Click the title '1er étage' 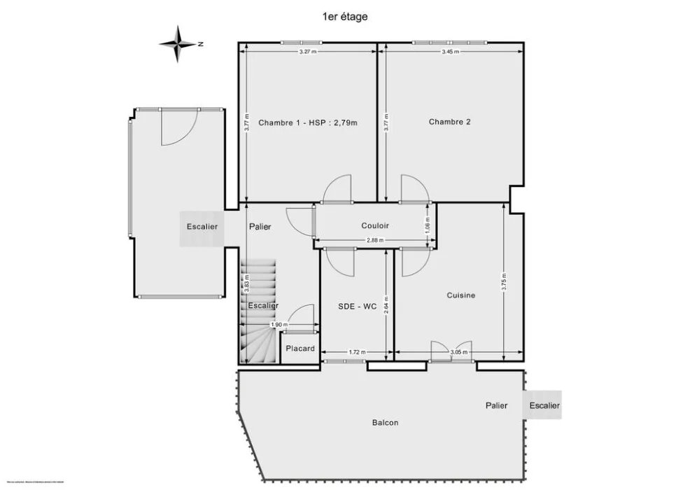point(344,16)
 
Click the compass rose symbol point(179,43)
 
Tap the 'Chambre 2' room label point(449,122)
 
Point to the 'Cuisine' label point(460,295)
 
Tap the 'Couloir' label point(375,225)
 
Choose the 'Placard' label point(300,348)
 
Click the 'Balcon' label point(385,423)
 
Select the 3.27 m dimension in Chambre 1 point(308,52)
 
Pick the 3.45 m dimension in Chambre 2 point(450,52)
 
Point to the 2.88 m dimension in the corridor point(375,241)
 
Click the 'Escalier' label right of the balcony point(544,405)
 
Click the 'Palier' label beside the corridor point(260,227)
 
